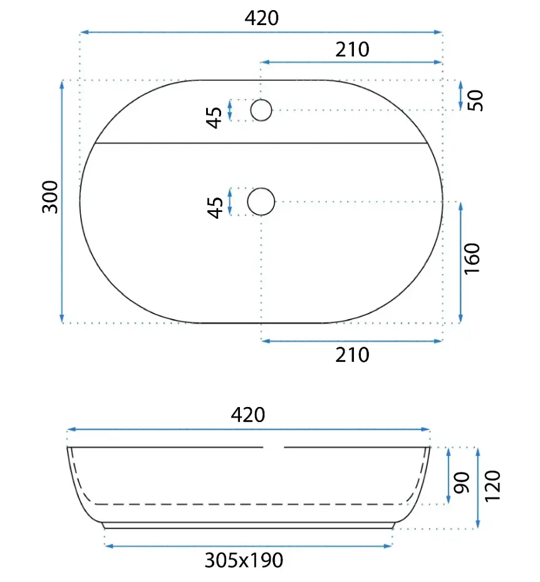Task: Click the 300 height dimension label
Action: (51, 197)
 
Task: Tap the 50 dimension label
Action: (475, 100)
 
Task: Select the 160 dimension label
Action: (472, 259)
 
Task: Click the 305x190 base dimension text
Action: (244, 560)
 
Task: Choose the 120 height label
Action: (493, 486)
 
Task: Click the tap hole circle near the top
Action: (261, 110)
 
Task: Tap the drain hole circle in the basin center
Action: (261, 201)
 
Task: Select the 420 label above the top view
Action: (261, 18)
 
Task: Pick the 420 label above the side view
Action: (247, 415)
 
